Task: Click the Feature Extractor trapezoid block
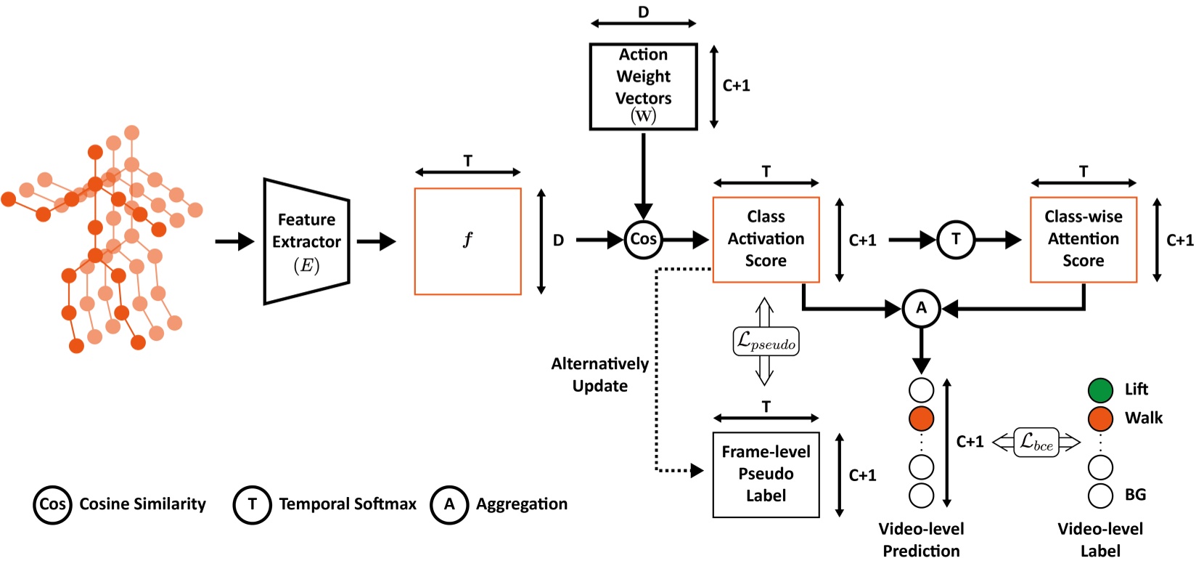tap(306, 241)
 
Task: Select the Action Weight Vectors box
tap(643, 86)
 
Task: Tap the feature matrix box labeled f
tap(467, 241)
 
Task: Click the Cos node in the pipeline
tap(643, 239)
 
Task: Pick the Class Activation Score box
tap(766, 239)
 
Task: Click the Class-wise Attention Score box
tap(1083, 239)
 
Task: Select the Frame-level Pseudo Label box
tap(766, 474)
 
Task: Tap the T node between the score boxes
tap(956, 239)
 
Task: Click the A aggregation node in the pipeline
tap(921, 308)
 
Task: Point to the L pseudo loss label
tap(766, 341)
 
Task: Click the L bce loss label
tap(1036, 442)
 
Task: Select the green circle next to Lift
tap(1100, 390)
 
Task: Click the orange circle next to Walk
tap(1100, 419)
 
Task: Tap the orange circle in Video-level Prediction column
tap(921, 419)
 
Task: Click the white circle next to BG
tap(1100, 496)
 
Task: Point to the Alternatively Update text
tap(599, 374)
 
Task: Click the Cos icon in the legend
tap(52, 504)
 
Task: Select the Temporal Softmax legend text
tap(348, 504)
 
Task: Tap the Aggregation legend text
tap(521, 504)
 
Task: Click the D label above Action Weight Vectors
tap(643, 12)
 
